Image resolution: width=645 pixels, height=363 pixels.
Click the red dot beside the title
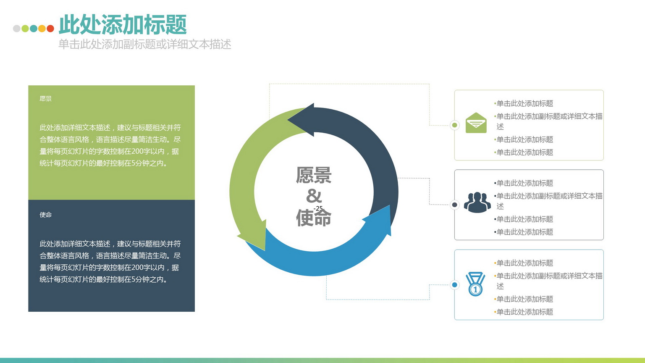50,29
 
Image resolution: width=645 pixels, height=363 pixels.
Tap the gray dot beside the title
17,29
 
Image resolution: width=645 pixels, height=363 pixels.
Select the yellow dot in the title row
42,29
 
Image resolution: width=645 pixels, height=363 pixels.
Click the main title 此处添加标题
123,24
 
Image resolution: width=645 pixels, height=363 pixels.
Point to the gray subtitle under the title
145,45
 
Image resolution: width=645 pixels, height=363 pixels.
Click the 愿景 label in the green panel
45,99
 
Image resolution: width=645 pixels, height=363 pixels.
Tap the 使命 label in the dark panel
45,215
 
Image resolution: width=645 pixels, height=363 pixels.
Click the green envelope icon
476,123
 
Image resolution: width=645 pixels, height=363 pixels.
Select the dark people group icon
477,202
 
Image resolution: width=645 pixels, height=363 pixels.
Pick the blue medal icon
475,284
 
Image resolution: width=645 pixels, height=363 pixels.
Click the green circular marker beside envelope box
455,125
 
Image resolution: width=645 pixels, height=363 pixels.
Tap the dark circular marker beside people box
455,205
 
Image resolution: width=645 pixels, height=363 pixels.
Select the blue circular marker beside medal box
455,285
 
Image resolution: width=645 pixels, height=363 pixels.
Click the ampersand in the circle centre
314,196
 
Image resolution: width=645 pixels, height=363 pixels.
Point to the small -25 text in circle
318,208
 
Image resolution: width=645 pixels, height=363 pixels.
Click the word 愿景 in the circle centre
314,175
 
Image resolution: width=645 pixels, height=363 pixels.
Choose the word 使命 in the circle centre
314,218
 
